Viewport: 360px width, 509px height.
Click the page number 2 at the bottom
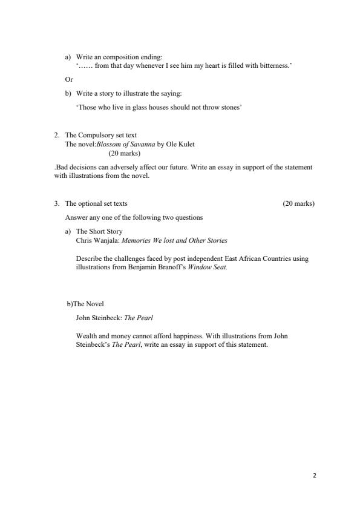(315, 476)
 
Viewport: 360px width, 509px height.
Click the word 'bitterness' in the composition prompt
(276, 65)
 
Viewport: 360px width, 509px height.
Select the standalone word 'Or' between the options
(68, 79)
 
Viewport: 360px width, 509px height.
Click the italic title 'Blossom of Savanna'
(125, 145)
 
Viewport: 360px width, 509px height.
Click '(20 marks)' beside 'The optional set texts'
(298, 203)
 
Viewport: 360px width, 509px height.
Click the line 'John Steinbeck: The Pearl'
(114, 317)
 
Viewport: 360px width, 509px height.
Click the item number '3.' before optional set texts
(57, 203)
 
